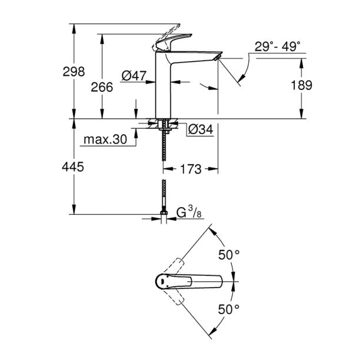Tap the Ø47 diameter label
click(x=134, y=75)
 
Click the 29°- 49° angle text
click(x=278, y=46)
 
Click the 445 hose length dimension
click(x=73, y=167)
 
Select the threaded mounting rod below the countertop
click(x=164, y=147)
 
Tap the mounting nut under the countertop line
click(x=164, y=124)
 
